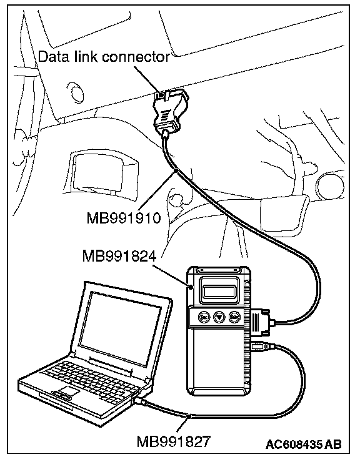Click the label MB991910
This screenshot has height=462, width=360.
[x=124, y=218]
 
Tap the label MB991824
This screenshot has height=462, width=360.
[x=119, y=256]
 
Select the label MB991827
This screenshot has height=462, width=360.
[x=174, y=441]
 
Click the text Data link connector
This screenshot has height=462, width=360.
[x=104, y=57]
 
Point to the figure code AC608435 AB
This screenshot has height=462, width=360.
[x=304, y=445]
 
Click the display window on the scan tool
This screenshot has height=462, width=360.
[x=219, y=291]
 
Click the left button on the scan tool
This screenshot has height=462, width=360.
[x=204, y=317]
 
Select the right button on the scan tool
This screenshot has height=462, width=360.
[x=234, y=317]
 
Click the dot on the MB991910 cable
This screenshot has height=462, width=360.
[x=176, y=170]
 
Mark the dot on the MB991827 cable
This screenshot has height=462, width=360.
[x=189, y=416]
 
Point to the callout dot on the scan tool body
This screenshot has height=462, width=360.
[x=191, y=286]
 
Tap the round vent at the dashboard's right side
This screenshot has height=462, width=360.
[x=329, y=185]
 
